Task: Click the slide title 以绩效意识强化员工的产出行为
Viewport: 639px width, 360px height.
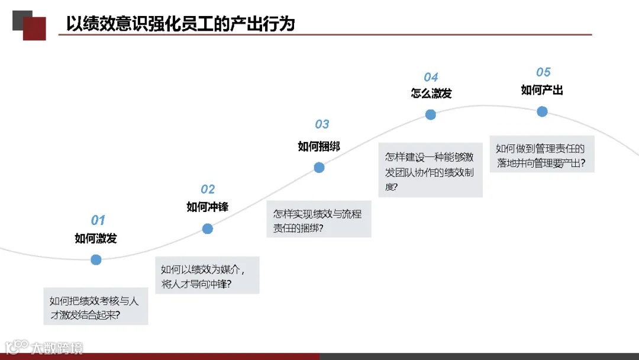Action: (180, 24)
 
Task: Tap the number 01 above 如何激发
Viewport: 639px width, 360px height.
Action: (98, 221)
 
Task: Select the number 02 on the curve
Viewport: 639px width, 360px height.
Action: (208, 189)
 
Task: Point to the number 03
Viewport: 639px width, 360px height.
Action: (322, 124)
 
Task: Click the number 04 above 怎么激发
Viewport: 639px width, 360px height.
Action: (431, 78)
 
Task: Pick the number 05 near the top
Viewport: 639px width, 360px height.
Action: (543, 72)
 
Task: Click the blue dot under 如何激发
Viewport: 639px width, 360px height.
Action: (96, 259)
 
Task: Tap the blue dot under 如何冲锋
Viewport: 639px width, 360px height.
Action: (207, 229)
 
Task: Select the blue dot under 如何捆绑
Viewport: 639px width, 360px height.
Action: (319, 168)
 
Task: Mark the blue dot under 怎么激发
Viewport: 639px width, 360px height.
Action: (431, 115)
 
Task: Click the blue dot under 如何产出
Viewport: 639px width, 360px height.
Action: (542, 111)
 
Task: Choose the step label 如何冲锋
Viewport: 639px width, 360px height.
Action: (207, 207)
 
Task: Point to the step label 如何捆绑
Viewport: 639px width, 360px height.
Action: (319, 146)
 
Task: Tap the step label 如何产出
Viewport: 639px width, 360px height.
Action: (542, 90)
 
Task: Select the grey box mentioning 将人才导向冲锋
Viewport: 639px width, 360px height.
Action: (207, 276)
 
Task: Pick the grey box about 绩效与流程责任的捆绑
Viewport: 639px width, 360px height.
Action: (318, 221)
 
